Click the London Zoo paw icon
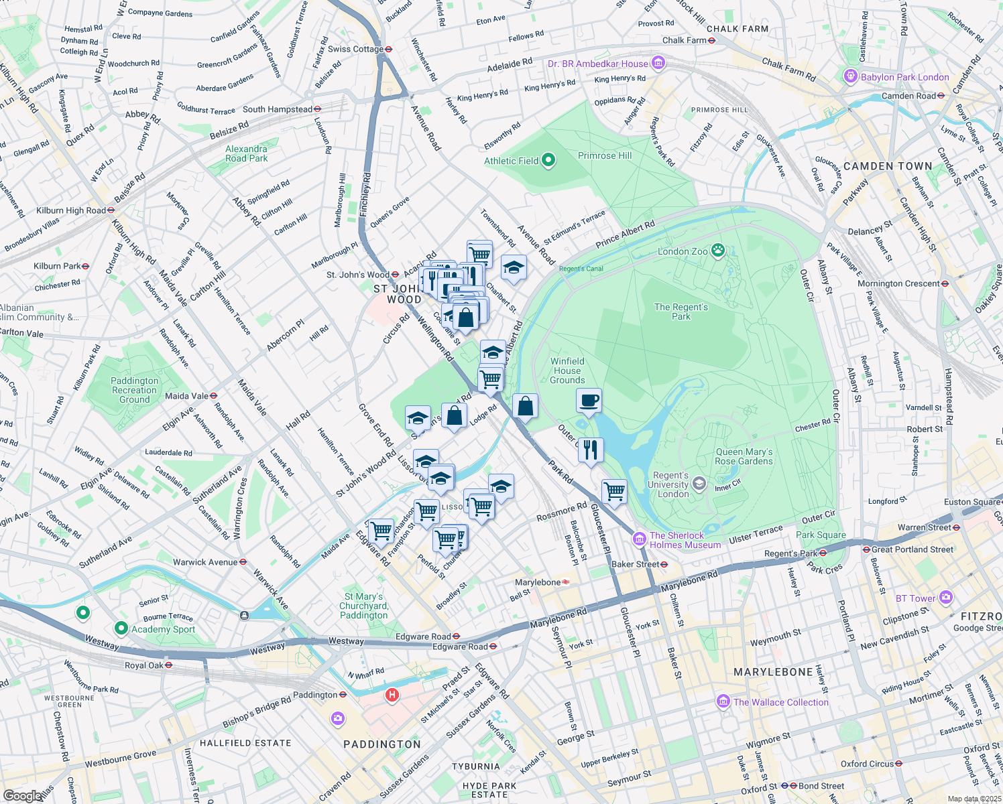tap(718, 251)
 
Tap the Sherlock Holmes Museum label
tap(685, 540)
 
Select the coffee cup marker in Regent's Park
tap(589, 401)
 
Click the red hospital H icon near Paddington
tap(392, 695)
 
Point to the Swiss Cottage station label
tap(355, 49)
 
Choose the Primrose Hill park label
tap(605, 155)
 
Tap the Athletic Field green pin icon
tap(548, 160)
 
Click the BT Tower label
tap(915, 598)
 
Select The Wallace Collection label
tap(780, 702)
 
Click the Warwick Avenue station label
tap(205, 562)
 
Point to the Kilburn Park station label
tap(57, 266)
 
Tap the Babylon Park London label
tap(904, 77)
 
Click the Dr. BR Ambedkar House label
tap(598, 64)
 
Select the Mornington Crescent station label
tap(898, 283)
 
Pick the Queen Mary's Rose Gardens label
tap(744, 456)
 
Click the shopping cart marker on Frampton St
tap(381, 531)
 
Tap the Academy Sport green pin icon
tap(121, 628)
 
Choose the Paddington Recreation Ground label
tap(135, 390)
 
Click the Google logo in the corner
tap(22, 795)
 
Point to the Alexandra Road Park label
tap(246, 153)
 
